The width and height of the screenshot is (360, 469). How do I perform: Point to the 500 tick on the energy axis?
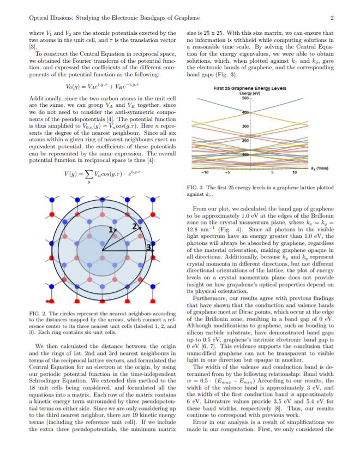click(245, 99)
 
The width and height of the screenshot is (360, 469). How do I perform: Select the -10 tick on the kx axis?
click(204, 173)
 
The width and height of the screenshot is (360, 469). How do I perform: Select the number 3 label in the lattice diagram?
click(147, 248)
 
